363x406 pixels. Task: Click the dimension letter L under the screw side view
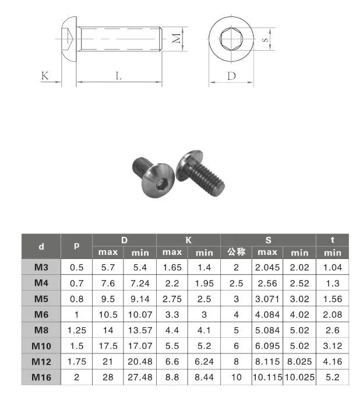coord(118,76)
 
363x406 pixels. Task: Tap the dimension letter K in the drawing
coord(44,76)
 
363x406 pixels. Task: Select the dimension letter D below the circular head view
coord(231,76)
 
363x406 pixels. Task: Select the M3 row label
coord(41,267)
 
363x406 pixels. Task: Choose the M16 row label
coord(41,377)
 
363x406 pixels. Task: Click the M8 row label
coord(41,330)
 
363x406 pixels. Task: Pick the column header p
coord(76,246)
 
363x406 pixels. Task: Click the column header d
coord(41,246)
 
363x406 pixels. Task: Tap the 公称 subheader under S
coord(236,252)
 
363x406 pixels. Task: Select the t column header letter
coord(332,239)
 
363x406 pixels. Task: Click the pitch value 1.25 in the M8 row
coord(76,330)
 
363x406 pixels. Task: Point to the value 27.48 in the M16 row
coord(140,377)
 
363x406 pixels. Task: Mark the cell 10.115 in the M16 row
coord(267,377)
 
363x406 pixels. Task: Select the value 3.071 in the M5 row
coord(267,299)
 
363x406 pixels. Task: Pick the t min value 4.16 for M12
coord(332,362)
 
